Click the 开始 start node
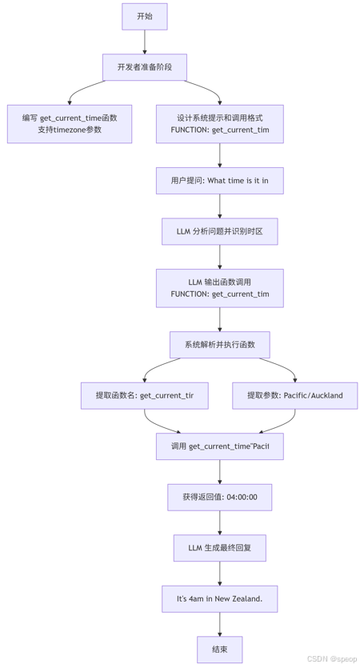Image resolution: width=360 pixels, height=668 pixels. [145, 16]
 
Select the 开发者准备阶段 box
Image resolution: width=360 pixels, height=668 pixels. [145, 67]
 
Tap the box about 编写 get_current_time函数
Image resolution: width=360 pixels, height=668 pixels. [70, 123]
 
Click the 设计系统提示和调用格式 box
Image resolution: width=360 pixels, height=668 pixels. [220, 123]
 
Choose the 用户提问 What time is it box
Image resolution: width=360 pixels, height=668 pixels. [220, 181]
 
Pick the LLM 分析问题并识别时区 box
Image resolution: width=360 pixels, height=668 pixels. [220, 231]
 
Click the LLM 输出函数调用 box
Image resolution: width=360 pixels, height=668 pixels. [220, 288]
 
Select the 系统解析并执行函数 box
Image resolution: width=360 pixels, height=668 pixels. [220, 345]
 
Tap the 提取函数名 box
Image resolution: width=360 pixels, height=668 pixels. [145, 395]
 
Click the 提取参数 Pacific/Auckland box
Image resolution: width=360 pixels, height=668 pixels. [295, 395]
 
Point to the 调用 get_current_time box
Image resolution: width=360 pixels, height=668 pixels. [220, 446]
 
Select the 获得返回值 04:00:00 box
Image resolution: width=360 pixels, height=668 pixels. [220, 497]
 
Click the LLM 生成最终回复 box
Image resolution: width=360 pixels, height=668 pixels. [220, 548]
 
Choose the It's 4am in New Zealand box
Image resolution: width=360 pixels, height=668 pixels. [220, 599]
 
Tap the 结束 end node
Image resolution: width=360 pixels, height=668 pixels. [220, 650]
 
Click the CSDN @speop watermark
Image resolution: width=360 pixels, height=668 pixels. [332, 659]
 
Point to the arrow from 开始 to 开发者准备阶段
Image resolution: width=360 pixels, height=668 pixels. [145, 42]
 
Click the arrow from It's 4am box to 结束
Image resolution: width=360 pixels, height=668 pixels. [220, 624]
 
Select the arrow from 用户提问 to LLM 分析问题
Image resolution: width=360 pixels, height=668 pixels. [220, 206]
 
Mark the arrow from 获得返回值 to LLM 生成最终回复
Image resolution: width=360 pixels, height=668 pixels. [220, 522]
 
